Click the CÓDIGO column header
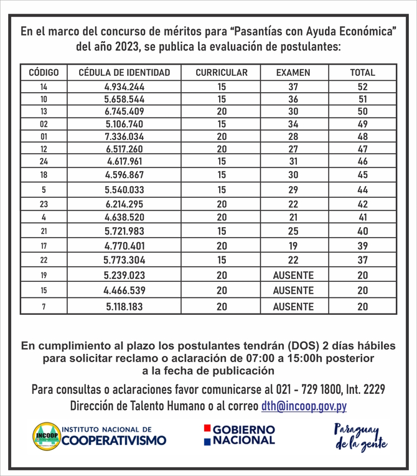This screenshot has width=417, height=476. tap(44, 73)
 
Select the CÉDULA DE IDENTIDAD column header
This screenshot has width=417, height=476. tap(124, 73)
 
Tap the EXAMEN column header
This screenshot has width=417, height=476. tap(293, 73)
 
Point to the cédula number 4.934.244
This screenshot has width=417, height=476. tap(124, 87)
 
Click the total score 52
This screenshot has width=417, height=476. tap(363, 87)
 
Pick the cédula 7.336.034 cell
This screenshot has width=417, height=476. tap(124, 136)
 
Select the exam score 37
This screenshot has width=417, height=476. tap(293, 87)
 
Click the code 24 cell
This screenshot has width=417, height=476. tap(44, 161)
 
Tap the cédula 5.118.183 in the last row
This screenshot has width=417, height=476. tap(124, 307)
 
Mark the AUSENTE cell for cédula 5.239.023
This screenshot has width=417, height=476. tap(293, 275)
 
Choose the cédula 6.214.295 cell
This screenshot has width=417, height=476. tap(124, 203)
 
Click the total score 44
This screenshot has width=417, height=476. tap(363, 189)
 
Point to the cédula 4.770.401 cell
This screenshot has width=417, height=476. tap(124, 246)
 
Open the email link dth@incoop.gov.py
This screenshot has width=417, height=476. tap(304, 406)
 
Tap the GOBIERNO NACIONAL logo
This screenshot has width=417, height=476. tap(238, 435)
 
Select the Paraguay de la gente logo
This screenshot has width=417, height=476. tap(360, 437)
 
